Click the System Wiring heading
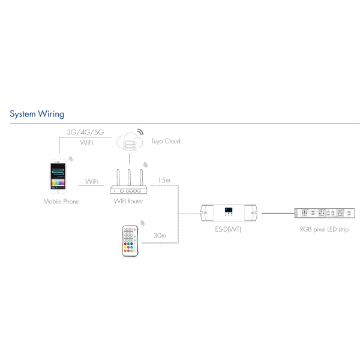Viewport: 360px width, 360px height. [37, 113]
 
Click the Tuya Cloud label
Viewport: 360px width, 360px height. [165, 141]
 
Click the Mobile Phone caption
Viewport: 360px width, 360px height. [61, 202]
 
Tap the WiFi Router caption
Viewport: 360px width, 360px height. [128, 202]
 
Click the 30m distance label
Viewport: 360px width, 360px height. [160, 235]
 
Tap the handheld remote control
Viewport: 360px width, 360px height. [130, 241]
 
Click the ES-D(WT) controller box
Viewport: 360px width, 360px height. [229, 212]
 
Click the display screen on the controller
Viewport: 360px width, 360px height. [229, 211]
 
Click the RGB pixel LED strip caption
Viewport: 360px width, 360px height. [324, 230]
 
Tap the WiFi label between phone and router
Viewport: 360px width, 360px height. [92, 181]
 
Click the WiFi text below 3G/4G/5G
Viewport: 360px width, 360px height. [86, 144]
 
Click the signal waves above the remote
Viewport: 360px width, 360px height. [142, 223]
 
